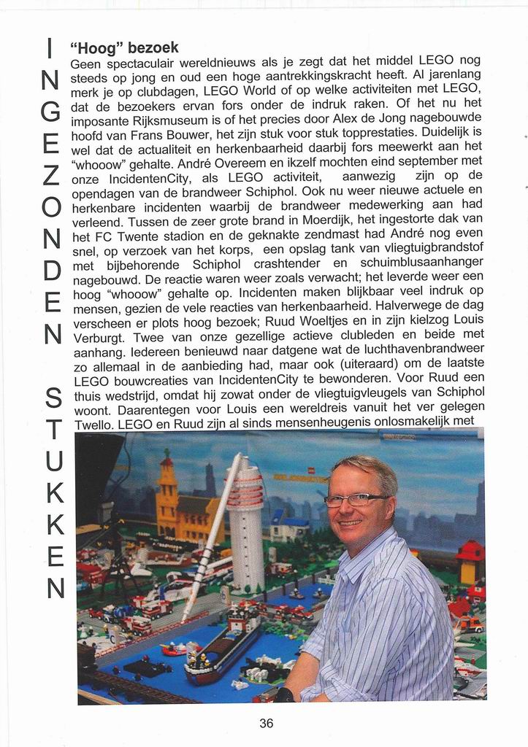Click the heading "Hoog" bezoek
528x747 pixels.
124,48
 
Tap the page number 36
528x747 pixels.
267,724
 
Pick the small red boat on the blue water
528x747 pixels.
173,648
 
